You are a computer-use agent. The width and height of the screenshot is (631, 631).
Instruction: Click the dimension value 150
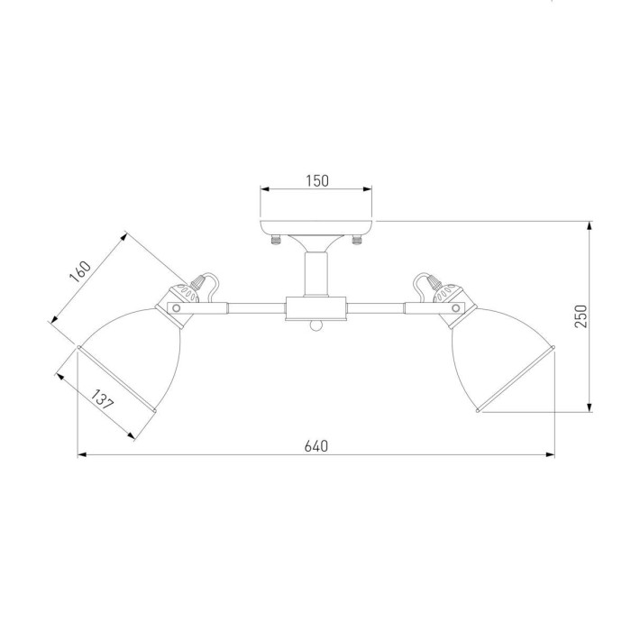(317, 181)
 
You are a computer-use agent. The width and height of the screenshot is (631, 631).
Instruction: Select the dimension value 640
(315, 446)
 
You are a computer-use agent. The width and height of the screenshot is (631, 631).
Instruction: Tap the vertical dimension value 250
(581, 316)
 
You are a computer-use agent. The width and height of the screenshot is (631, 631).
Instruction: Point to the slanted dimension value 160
(80, 271)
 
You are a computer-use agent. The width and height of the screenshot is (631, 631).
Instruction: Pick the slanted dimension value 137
(102, 399)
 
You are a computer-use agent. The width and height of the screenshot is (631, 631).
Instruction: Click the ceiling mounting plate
(315, 228)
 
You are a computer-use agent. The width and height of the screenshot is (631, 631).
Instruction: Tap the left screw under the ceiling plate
(276, 241)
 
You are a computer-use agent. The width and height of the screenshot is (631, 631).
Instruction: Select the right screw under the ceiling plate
(357, 241)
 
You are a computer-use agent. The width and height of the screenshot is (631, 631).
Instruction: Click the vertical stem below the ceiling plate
(315, 274)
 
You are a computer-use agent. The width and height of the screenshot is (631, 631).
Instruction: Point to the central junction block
(315, 308)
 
